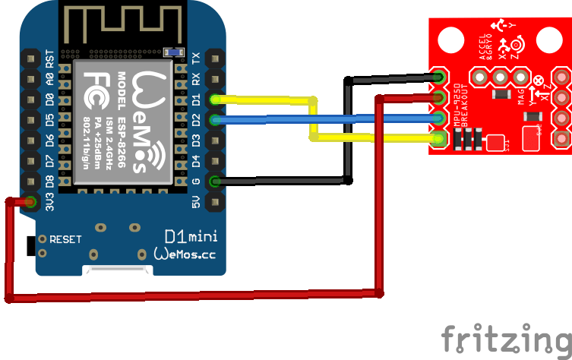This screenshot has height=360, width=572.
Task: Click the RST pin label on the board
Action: tap(49, 58)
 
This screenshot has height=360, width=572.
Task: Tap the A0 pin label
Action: tap(49, 79)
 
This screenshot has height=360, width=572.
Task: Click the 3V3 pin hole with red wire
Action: tap(31, 202)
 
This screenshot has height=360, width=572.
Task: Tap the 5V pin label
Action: tap(197, 201)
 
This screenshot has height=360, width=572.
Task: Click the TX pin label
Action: tap(197, 58)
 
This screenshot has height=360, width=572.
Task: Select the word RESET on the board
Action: tap(65, 239)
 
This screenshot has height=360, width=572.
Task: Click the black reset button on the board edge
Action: tap(30, 246)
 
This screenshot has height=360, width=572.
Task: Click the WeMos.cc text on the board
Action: tap(185, 254)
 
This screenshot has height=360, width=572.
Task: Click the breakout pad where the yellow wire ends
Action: tap(438, 138)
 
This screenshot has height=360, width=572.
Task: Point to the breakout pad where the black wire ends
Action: tap(438, 76)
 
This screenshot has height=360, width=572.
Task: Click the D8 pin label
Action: tap(49, 182)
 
